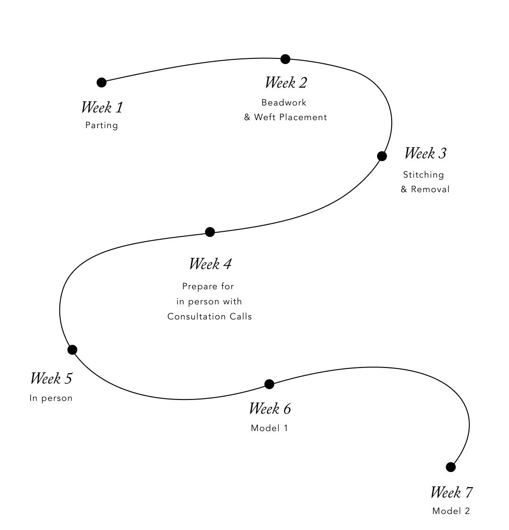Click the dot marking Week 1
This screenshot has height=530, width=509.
[x=101, y=82]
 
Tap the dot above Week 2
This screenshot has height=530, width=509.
[x=285, y=59]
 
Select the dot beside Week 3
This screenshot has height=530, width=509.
[x=382, y=156]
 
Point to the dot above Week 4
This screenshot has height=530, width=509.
[x=210, y=232]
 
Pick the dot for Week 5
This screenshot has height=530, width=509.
[x=72, y=350]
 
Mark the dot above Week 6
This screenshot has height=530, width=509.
[x=269, y=384]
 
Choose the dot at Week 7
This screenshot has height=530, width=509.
[x=451, y=467]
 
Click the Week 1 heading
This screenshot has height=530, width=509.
[x=102, y=107]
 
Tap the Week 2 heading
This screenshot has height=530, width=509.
[x=286, y=83]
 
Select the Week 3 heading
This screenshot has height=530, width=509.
[x=425, y=154]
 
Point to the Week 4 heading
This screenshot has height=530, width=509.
[x=210, y=264]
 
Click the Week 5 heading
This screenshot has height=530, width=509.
[x=51, y=378]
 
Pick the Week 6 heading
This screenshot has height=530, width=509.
[x=270, y=408]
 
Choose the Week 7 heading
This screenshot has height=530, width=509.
[x=451, y=492]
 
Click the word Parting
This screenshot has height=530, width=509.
[x=102, y=125]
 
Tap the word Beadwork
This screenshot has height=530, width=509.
[x=284, y=103]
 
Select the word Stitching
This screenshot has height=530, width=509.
[x=423, y=175]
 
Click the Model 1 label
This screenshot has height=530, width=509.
[x=269, y=428]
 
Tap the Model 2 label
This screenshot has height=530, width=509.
[x=451, y=511]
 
